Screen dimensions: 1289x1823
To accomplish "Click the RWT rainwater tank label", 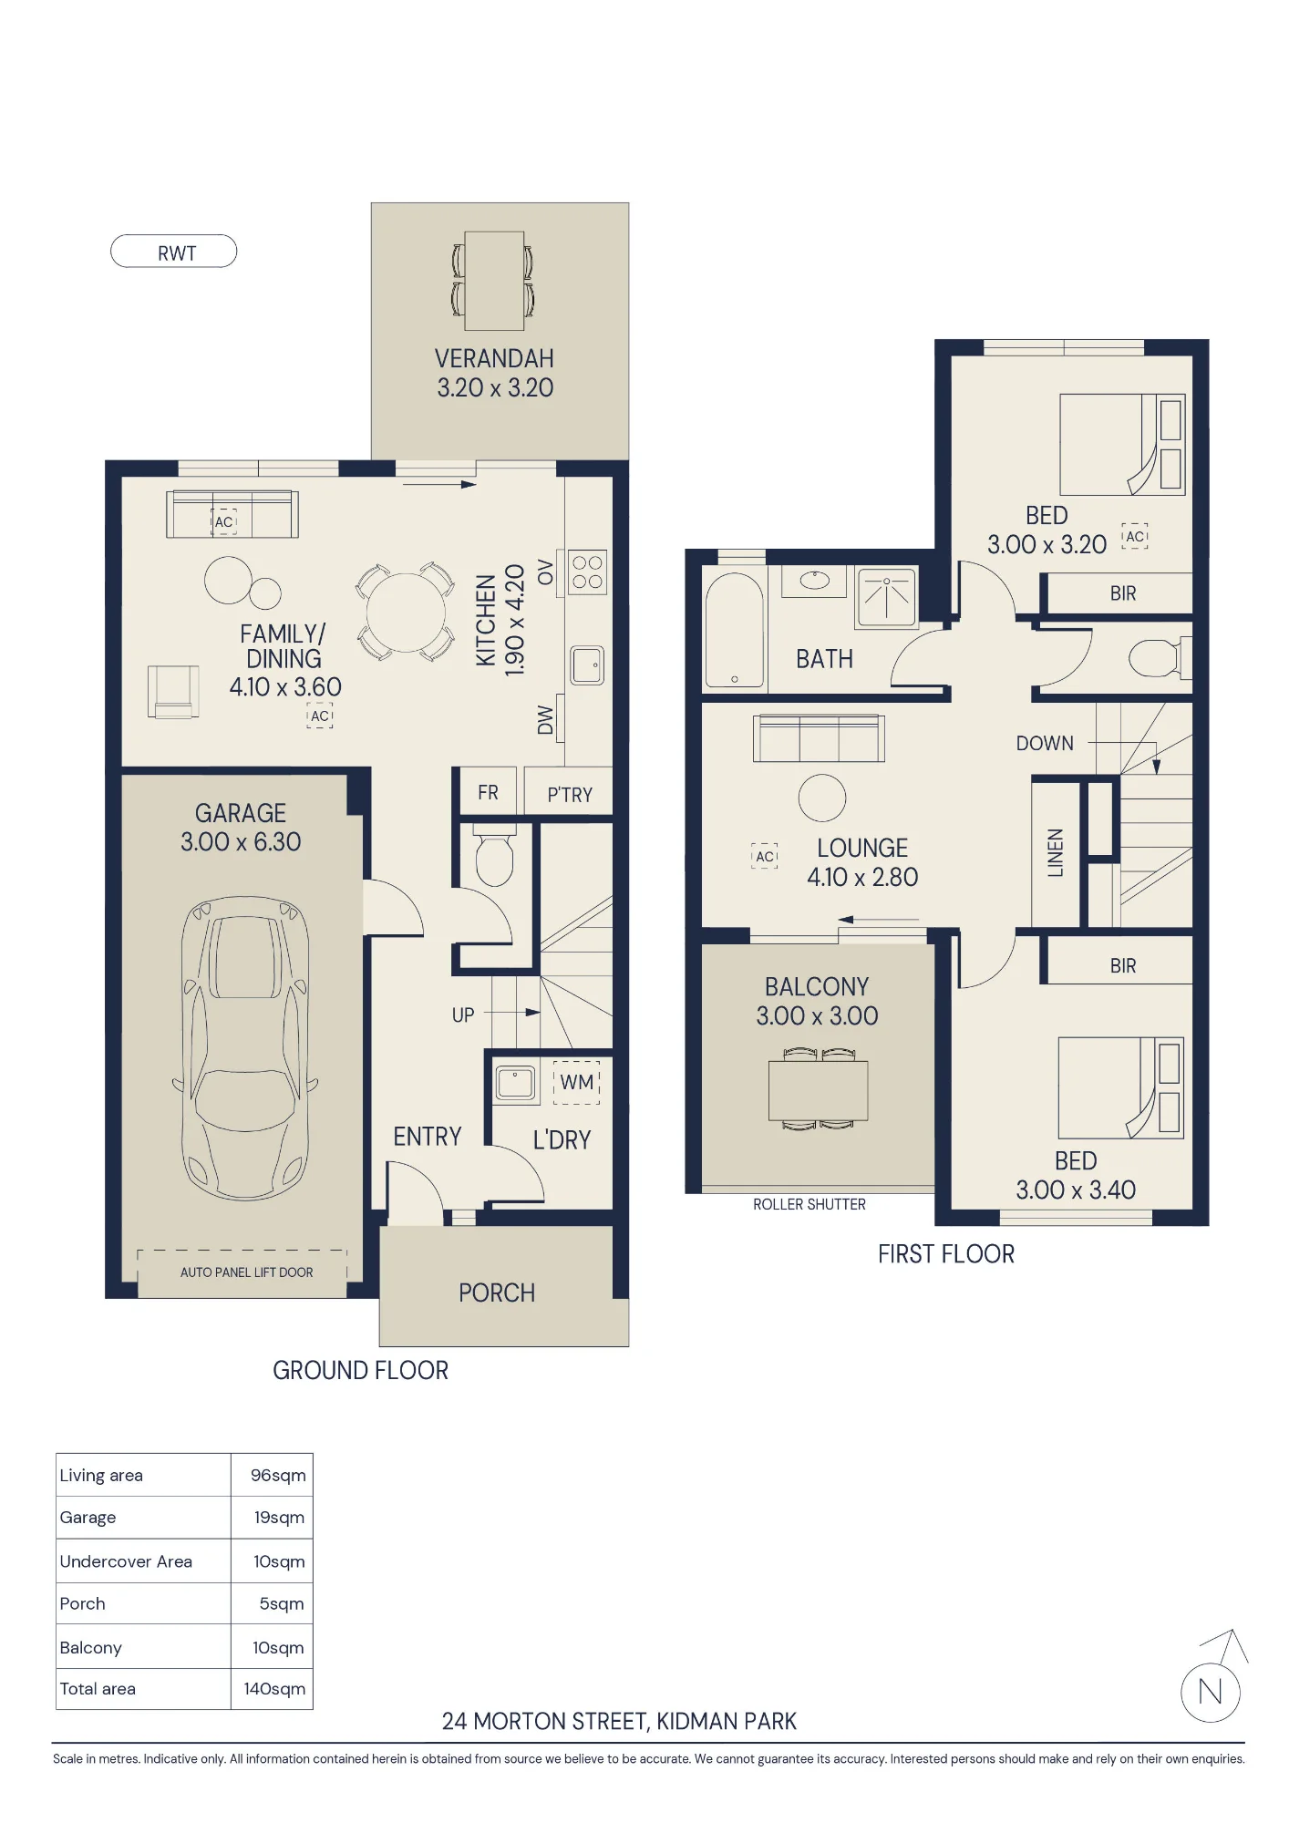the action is pos(177,253).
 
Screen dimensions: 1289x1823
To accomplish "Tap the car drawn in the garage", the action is pos(245,1048).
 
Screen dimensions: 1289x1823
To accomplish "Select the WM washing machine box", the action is pos(577,1082).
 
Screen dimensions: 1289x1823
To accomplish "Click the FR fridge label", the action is pos(488,792).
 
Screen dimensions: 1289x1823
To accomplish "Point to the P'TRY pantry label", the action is pos(570,795).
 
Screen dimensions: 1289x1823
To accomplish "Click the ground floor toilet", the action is pos(494,855).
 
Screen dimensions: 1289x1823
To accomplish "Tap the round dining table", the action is pos(406,611).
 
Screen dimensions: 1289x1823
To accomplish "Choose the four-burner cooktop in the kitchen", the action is pos(587,572).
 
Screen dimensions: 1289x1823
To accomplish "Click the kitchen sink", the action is pos(588,664).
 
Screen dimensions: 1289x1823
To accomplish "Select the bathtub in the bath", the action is pos(735,629).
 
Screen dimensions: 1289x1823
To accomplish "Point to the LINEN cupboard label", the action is pos(1056,853).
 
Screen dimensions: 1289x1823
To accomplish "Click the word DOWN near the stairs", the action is pos(1045,744).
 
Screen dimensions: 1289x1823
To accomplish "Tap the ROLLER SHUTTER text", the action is pos(809,1204).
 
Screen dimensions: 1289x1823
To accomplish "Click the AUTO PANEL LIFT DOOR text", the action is pos(246,1272).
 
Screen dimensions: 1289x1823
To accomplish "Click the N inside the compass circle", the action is pos(1210,1692).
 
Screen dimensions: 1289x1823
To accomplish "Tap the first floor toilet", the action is pos(1158,658).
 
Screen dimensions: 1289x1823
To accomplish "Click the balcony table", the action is pos(818,1090).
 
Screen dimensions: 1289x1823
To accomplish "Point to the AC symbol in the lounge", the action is pos(765,856).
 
